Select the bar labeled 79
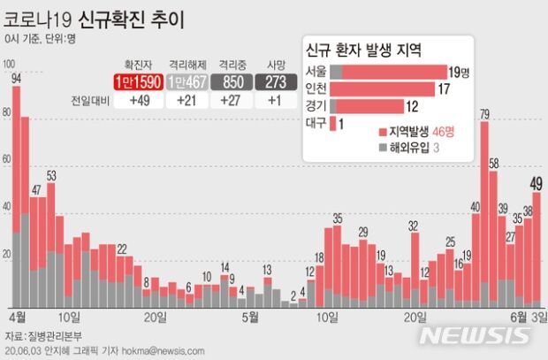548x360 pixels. click(x=484, y=212)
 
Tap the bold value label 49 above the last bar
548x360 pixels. click(x=536, y=183)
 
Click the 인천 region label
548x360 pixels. click(x=315, y=88)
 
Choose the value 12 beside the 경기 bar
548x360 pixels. click(x=411, y=106)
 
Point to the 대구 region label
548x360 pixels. click(x=315, y=124)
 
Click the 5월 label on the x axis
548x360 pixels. click(x=249, y=316)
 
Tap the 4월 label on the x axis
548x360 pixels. click(x=16, y=316)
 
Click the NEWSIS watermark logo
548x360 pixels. click(x=475, y=335)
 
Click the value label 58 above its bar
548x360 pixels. click(x=494, y=163)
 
